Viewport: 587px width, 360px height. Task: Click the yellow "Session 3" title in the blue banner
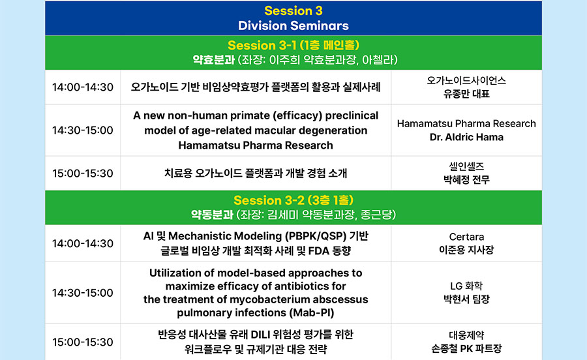tap(293, 11)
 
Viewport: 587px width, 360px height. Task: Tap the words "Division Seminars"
tap(293, 25)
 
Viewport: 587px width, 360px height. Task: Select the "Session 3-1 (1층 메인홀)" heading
tap(293, 45)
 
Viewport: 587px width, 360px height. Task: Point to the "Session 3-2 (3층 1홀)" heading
tap(293, 200)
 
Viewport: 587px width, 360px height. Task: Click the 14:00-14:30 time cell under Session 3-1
tap(83, 87)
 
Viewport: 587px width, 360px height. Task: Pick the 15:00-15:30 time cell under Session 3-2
tap(83, 342)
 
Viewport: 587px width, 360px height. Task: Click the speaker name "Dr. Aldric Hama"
tap(466, 138)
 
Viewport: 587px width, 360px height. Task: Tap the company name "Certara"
tap(466, 237)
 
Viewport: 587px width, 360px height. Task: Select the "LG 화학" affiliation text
tap(466, 286)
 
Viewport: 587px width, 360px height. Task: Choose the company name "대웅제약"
tap(466, 335)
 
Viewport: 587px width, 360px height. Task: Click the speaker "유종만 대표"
tap(466, 93)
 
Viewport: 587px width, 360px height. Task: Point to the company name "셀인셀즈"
tap(466, 166)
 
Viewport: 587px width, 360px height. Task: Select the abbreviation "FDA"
tap(319, 250)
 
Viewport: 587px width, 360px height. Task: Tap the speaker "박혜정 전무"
tap(466, 180)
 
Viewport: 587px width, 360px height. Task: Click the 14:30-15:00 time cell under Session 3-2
tap(83, 293)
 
